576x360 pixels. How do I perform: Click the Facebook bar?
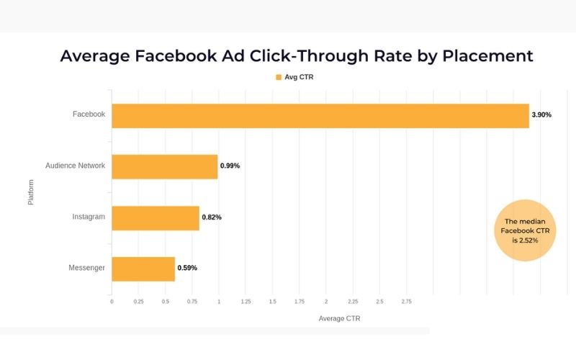click(x=320, y=115)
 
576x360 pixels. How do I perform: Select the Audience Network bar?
click(x=164, y=166)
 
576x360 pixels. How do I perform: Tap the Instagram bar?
click(x=155, y=217)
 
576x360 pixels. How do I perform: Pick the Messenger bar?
click(x=143, y=269)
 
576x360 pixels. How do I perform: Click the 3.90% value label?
click(x=541, y=115)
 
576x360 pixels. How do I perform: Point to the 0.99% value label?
click(x=230, y=166)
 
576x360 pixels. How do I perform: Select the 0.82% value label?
click(x=212, y=217)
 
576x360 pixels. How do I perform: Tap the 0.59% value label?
click(x=187, y=269)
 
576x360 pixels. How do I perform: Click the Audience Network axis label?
click(x=75, y=166)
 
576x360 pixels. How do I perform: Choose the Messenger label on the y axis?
click(x=86, y=268)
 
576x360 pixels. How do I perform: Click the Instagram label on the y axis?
click(x=89, y=217)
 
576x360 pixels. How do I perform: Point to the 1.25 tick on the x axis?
click(x=246, y=302)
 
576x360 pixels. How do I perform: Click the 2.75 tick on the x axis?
click(x=407, y=302)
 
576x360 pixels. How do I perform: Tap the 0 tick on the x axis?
click(x=112, y=302)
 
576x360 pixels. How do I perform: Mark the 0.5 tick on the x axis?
click(x=166, y=302)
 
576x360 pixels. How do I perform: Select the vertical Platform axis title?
click(x=31, y=192)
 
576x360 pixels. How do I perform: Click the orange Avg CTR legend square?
click(x=278, y=76)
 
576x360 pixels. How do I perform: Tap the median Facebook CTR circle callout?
click(x=526, y=230)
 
